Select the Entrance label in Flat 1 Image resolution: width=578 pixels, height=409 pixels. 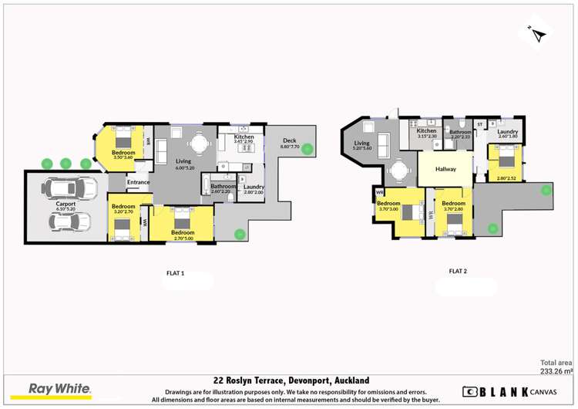139,182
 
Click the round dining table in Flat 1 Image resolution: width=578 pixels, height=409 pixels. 200,143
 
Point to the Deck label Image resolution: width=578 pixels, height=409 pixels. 290,140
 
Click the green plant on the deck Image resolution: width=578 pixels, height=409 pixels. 307,149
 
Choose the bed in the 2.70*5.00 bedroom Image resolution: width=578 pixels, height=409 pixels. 183,225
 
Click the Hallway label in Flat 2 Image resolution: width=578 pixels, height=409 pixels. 445,169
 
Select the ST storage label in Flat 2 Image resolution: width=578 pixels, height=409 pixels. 479,123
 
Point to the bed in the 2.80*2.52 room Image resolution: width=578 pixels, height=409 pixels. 506,161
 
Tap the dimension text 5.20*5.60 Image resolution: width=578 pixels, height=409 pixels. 362,148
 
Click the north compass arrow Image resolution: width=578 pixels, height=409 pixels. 537,34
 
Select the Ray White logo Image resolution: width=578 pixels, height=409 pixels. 59,390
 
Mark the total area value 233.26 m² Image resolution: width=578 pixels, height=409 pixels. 556,371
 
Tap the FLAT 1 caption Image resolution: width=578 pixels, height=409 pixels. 176,273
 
